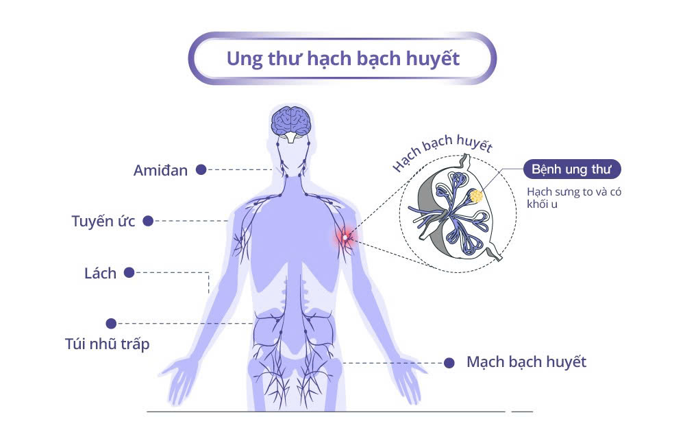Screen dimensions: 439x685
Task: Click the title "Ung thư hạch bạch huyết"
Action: coord(342,58)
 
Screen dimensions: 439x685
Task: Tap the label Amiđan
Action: coord(160,170)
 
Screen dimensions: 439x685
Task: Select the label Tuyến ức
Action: coord(103,222)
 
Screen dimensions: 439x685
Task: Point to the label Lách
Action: coord(100,273)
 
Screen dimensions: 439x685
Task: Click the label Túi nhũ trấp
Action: coord(106,344)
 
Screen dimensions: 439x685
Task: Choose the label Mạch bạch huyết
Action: coord(526,361)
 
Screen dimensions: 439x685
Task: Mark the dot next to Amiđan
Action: coord(201,169)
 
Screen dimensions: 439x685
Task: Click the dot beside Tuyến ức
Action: coord(148,221)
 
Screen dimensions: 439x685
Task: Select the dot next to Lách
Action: coord(129,272)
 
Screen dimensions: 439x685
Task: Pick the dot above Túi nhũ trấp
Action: coord(111,323)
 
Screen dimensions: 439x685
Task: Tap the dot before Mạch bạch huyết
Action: coord(449,362)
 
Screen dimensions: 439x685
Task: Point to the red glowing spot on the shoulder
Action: coord(345,237)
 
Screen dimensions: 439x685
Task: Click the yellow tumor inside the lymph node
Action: coord(475,196)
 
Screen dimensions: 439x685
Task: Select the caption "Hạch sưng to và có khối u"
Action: coord(574,198)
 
